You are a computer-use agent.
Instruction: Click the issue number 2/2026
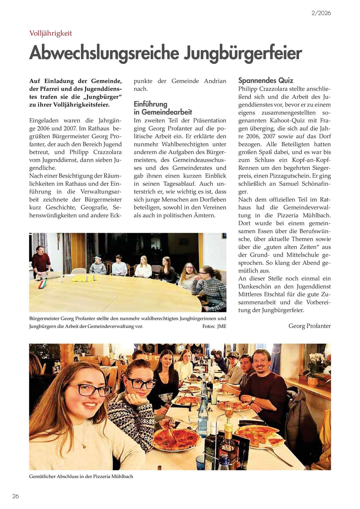[x=321, y=13]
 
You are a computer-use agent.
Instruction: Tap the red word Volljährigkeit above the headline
[x=51, y=33]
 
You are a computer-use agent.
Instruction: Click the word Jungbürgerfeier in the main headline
[x=243, y=53]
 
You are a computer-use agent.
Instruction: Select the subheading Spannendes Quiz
[x=266, y=80]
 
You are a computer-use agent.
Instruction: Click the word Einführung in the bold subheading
[x=150, y=104]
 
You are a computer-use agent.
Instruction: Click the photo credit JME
[x=221, y=326]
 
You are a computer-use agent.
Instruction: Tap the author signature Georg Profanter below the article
[x=310, y=326]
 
